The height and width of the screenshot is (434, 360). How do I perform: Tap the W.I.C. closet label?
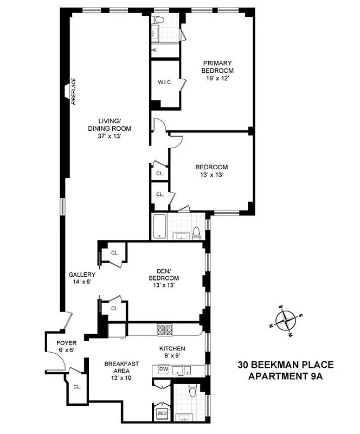click(165, 82)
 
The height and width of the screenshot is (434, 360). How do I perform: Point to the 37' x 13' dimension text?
click(108, 136)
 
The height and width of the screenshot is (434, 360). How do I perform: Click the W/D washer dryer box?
click(162, 413)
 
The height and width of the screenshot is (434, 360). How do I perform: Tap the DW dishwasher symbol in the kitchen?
click(164, 369)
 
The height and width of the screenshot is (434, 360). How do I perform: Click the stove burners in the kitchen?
click(164, 329)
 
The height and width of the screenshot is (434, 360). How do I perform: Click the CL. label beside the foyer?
click(76, 387)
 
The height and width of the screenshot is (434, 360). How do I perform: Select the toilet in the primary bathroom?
click(157, 20)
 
